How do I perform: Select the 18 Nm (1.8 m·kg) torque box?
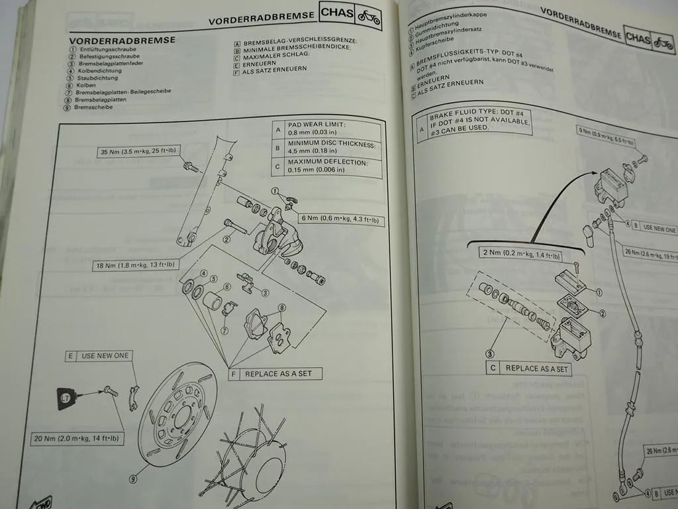[x=136, y=265]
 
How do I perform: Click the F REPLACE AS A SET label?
[x=277, y=374]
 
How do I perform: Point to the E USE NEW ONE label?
[x=99, y=356]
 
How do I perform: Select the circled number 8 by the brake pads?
[x=281, y=308]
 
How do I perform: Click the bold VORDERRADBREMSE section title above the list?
[x=122, y=40]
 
